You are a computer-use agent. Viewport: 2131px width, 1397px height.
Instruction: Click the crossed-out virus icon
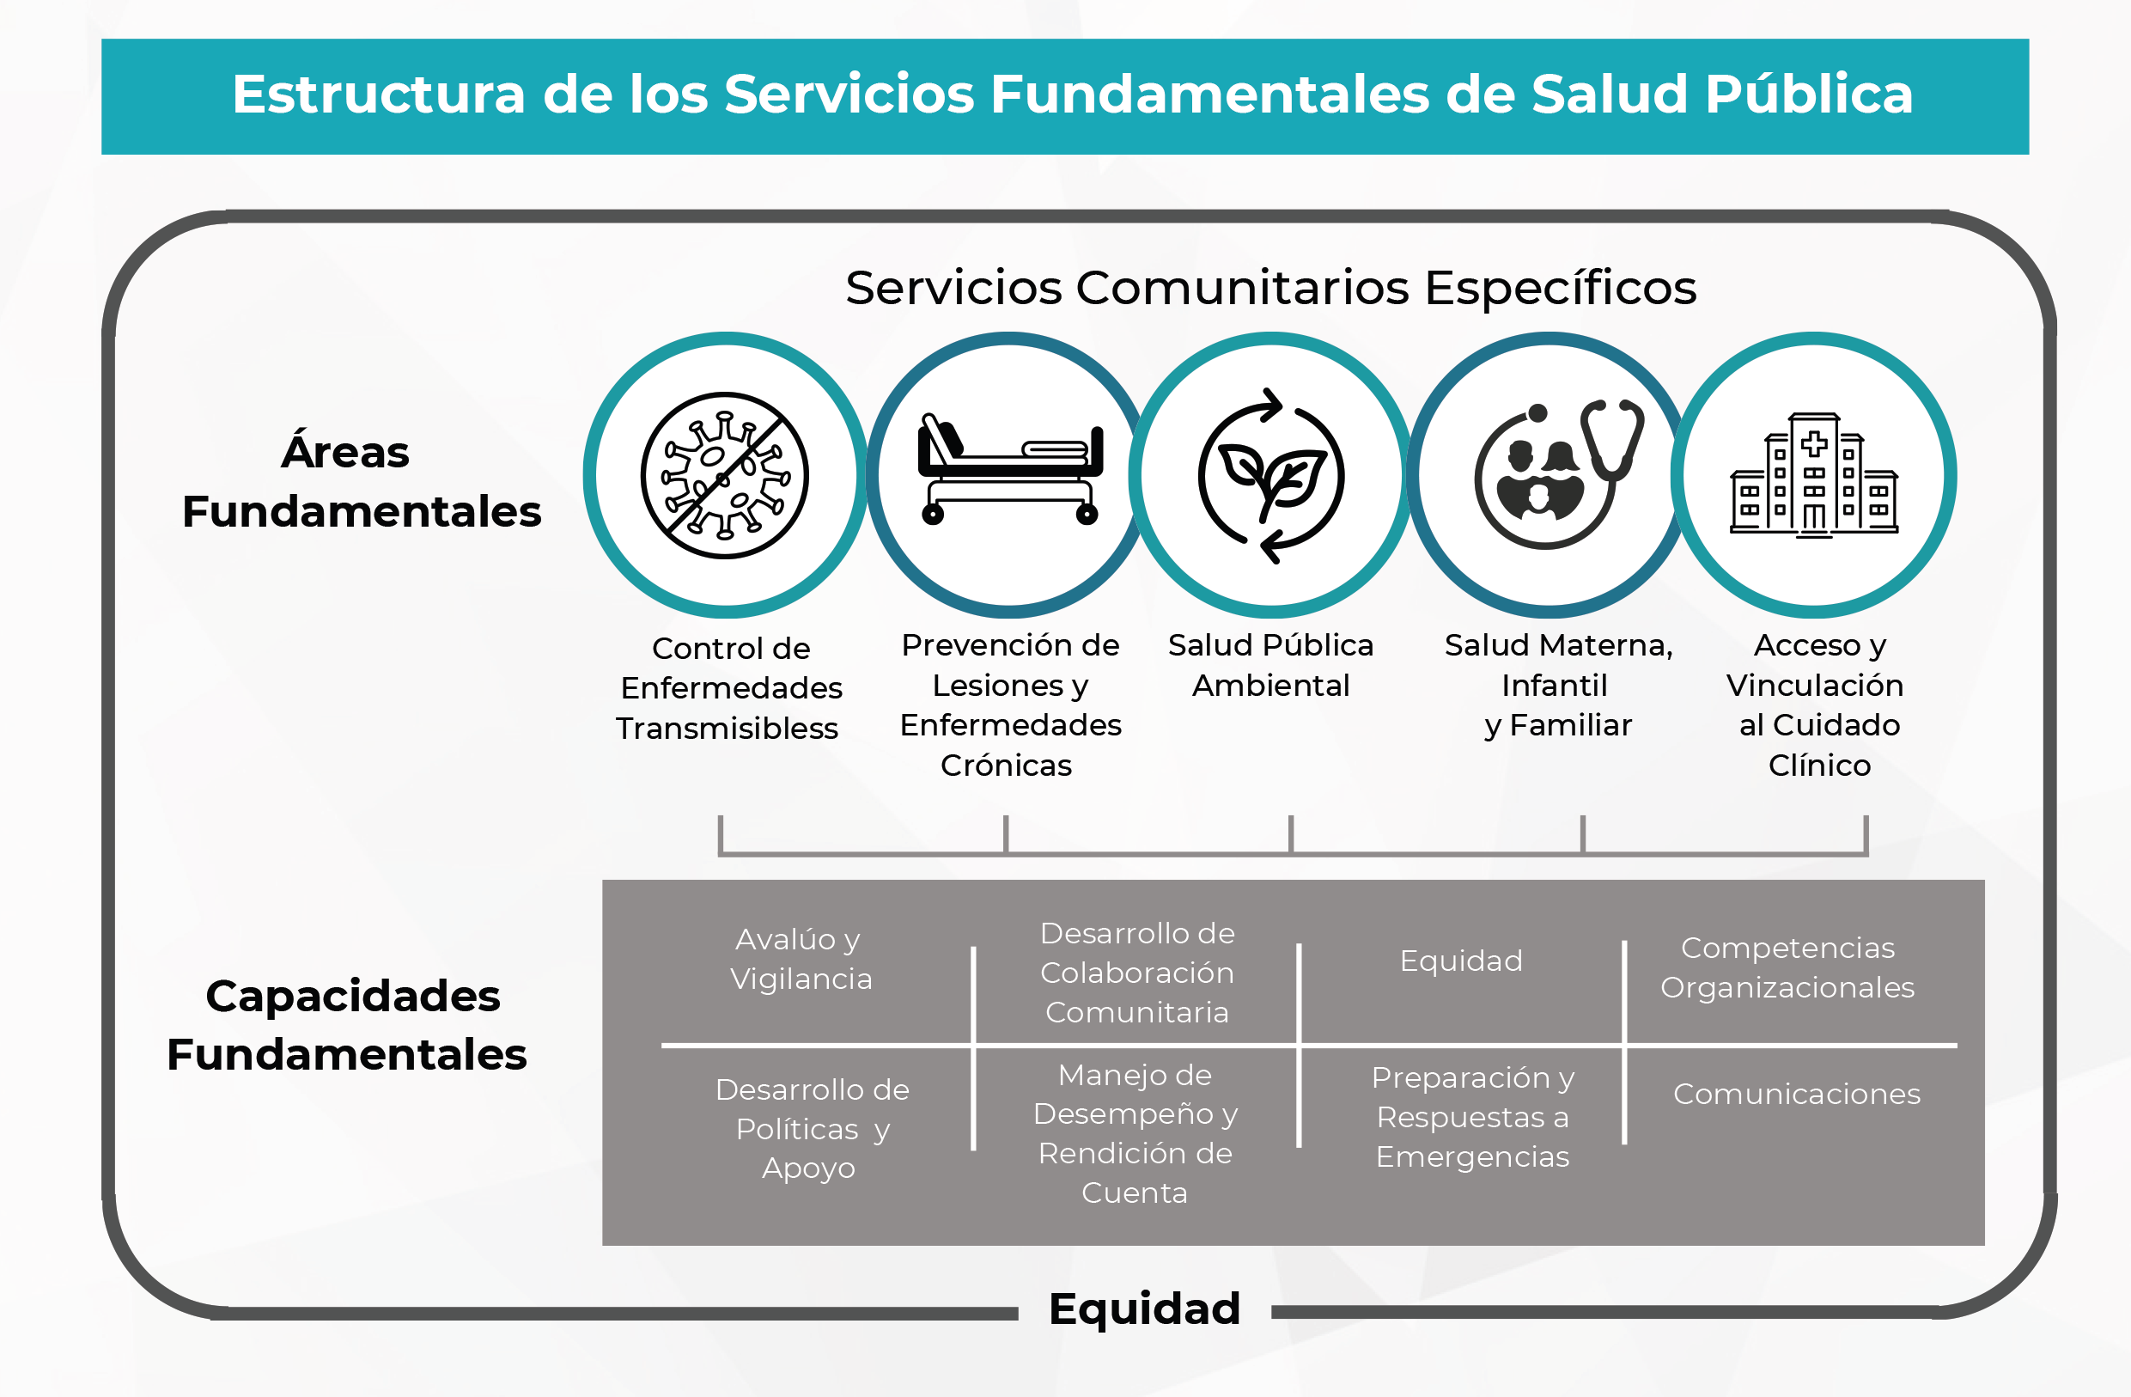pos(724,475)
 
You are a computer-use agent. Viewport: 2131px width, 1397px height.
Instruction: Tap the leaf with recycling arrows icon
pos(1271,475)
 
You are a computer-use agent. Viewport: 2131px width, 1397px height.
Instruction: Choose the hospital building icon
pos(1814,474)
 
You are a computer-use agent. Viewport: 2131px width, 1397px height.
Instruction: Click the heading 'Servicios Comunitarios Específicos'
pos(1270,289)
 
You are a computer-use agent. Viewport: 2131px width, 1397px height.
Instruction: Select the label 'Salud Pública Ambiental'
pos(1270,665)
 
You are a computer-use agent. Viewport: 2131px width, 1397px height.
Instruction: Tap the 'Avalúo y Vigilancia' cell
pos(801,959)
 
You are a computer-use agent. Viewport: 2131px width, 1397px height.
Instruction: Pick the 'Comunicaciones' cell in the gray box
pos(1796,1095)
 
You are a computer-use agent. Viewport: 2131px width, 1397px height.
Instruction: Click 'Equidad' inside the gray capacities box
pos(1460,961)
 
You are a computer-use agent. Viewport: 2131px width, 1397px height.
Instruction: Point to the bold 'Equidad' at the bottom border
pos(1144,1309)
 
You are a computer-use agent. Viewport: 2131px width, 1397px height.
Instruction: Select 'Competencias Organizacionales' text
pos(1787,968)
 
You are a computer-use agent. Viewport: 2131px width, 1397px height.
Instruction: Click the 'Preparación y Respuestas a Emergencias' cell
pos(1472,1118)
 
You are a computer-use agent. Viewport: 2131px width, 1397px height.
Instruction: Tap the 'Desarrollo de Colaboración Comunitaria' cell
pos(1137,973)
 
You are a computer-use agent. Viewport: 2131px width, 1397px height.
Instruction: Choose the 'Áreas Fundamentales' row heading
pos(361,482)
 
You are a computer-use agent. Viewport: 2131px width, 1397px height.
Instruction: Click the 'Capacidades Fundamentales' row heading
pos(349,1025)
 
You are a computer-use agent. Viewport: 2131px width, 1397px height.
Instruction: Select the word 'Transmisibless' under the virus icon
pos(727,729)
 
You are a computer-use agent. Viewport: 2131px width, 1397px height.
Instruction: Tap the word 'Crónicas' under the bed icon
pos(1006,766)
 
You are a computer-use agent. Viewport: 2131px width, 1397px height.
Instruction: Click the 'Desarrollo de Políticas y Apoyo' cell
pos(811,1129)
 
